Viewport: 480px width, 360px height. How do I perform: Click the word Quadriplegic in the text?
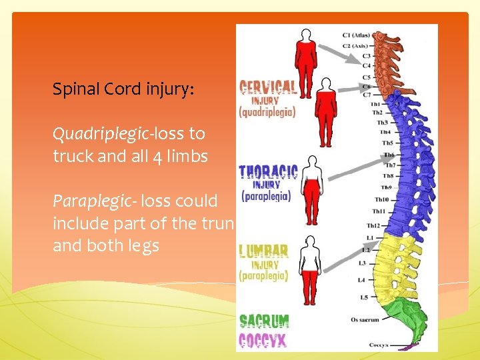101,134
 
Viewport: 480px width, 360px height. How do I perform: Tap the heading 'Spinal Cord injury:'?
123,89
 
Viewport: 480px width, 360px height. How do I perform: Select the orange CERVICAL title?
268,87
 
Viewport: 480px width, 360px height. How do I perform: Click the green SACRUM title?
264,321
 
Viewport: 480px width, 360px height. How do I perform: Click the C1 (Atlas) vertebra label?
356,34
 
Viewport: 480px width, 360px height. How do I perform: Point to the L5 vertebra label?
364,297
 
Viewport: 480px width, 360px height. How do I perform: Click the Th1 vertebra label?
376,104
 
